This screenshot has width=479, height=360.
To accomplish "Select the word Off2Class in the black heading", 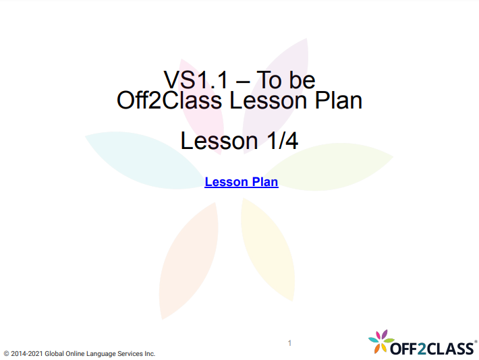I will (x=162, y=101).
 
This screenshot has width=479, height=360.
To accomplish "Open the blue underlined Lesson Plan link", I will (x=241, y=182).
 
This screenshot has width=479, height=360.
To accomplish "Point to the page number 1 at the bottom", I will (x=289, y=343).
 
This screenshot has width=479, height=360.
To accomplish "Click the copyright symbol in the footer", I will (x=6, y=353).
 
